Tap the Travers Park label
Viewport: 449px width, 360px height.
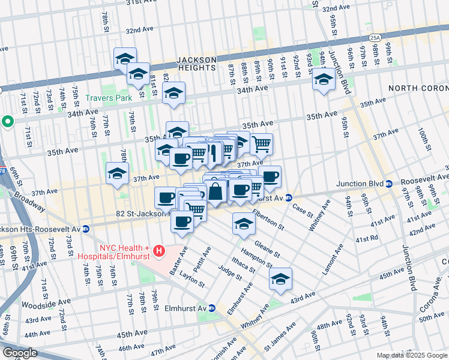pyautogui.click(x=108, y=97)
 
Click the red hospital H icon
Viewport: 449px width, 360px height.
pyautogui.click(x=158, y=250)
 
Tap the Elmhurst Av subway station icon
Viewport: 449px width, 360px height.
pyautogui.click(x=211, y=308)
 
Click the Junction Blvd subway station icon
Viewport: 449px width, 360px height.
pyautogui.click(x=390, y=184)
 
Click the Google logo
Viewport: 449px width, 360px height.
pyautogui.click(x=20, y=352)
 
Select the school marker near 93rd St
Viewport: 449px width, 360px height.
pyautogui.click(x=324, y=79)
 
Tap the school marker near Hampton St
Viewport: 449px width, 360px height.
pyautogui.click(x=280, y=279)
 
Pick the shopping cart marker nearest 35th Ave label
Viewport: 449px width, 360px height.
pyautogui.click(x=261, y=143)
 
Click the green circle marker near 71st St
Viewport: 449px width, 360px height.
pyautogui.click(x=8, y=122)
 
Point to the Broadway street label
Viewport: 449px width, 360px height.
pyautogui.click(x=29, y=202)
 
